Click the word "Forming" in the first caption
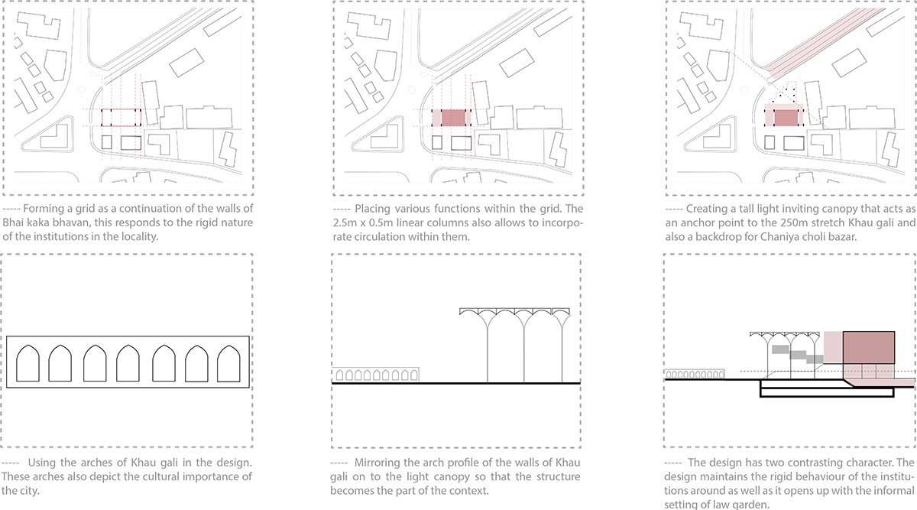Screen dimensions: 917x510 39,209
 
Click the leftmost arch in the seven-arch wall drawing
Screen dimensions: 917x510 28,363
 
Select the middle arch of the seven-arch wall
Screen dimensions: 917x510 128,363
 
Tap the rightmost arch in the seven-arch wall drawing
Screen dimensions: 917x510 228,363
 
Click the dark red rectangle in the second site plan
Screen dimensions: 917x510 453,118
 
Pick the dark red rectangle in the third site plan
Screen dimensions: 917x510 786,118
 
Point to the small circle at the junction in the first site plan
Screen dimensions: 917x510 81,89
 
